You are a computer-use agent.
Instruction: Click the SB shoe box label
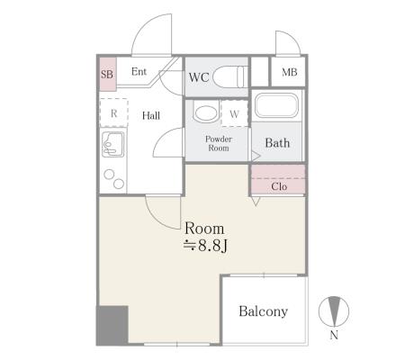click(x=107, y=74)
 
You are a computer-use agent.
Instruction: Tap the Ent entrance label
click(x=139, y=72)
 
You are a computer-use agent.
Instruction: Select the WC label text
click(x=199, y=77)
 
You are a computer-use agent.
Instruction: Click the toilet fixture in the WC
click(x=230, y=77)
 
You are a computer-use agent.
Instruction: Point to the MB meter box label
click(x=290, y=72)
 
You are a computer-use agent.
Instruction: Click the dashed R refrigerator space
click(x=113, y=112)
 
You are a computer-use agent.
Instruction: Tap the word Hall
click(x=151, y=115)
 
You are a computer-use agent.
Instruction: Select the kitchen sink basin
click(x=112, y=144)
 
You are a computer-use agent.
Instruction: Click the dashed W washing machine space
click(x=234, y=113)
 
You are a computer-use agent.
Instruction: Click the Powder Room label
click(x=219, y=143)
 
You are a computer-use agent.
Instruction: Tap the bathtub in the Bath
click(x=276, y=105)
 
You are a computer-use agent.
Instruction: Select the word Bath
click(x=277, y=143)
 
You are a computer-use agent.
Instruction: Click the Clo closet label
click(x=279, y=186)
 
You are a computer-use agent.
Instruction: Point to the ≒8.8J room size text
click(x=205, y=246)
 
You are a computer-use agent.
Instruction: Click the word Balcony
click(x=264, y=311)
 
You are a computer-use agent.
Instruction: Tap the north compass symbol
click(x=334, y=311)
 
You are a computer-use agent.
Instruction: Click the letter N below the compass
click(x=334, y=335)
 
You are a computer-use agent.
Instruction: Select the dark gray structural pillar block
click(x=112, y=325)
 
